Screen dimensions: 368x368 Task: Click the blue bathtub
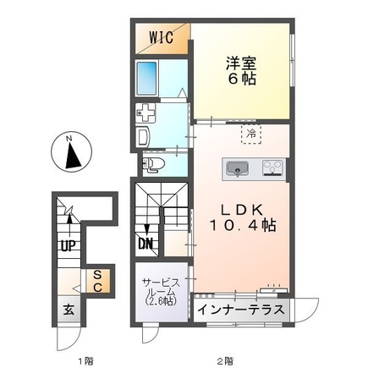tap(151, 80)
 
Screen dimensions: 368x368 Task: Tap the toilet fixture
tap(151, 164)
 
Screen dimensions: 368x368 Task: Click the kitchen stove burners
tap(272, 168)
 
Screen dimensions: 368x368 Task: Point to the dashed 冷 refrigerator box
tap(252, 132)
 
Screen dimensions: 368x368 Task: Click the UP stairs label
tap(66, 246)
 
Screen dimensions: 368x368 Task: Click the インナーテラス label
tap(240, 310)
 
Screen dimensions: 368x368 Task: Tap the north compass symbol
tap(69, 151)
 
